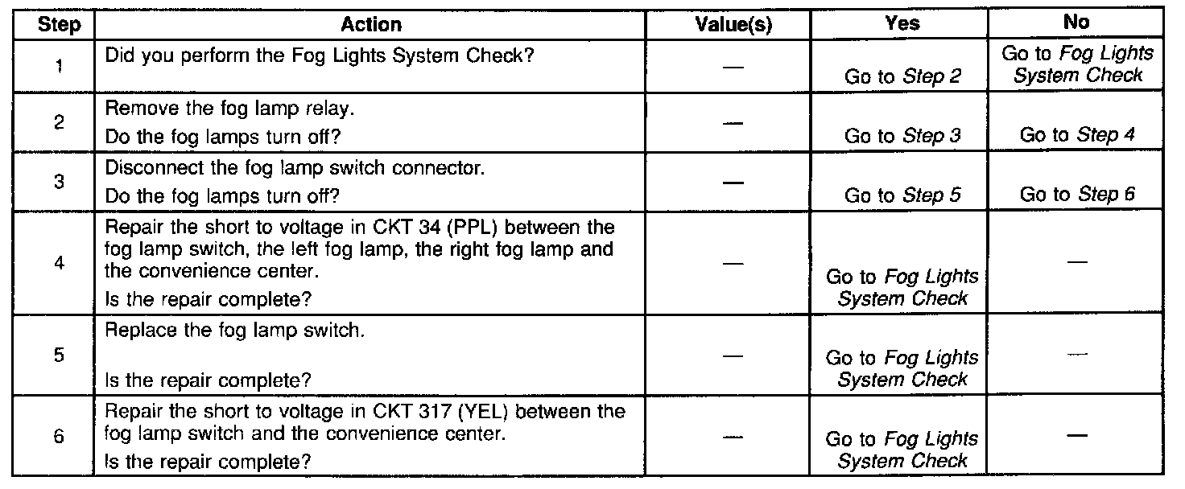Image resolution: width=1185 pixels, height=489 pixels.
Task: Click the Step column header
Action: pyautogui.click(x=60, y=25)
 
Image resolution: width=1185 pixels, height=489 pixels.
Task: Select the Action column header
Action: pyautogui.click(x=371, y=25)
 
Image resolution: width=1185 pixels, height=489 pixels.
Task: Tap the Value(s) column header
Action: pyautogui.click(x=733, y=25)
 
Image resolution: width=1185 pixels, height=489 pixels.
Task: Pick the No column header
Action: pyautogui.click(x=1076, y=23)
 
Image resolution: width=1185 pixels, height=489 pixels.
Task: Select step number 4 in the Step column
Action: pyautogui.click(x=60, y=263)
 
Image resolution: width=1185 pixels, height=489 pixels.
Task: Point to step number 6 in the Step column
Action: pyautogui.click(x=60, y=438)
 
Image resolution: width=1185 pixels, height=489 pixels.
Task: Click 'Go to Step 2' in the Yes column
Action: pyautogui.click(x=902, y=77)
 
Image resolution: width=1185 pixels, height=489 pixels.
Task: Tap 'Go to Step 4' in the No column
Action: pyautogui.click(x=1077, y=135)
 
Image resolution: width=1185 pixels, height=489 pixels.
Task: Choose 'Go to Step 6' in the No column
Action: pyautogui.click(x=1077, y=195)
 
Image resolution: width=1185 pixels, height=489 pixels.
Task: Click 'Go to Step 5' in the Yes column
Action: pyautogui.click(x=902, y=195)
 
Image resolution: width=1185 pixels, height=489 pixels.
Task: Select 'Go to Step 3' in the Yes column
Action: pyautogui.click(x=902, y=136)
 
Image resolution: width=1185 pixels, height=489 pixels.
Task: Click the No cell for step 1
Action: pyautogui.click(x=1077, y=64)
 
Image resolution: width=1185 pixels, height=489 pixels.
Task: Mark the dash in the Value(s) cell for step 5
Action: pyautogui.click(x=733, y=355)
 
